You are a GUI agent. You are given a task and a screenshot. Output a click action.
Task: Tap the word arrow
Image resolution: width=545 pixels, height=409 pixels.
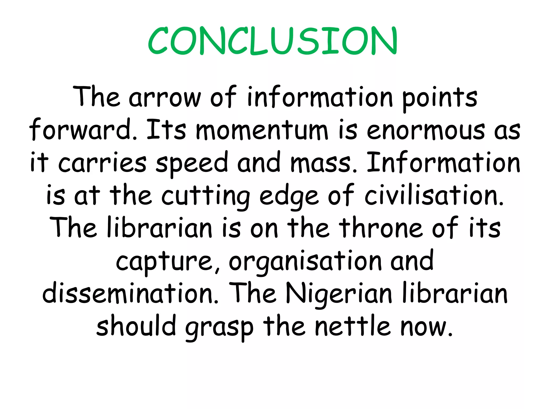coord(165,97)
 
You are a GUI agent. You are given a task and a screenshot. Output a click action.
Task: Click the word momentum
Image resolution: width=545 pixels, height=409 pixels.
coord(262,130)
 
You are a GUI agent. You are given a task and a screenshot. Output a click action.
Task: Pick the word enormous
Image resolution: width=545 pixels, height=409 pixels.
coord(426,130)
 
